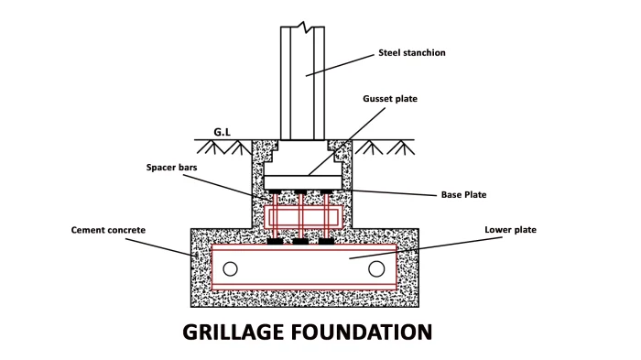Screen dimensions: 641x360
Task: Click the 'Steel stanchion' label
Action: (x=412, y=53)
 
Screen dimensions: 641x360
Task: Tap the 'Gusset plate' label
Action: (x=390, y=99)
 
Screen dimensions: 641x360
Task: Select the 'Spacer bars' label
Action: (x=172, y=168)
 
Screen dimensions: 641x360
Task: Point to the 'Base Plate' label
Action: (x=463, y=195)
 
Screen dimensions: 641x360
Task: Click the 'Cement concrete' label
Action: (x=108, y=230)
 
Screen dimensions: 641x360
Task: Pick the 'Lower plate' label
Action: (x=511, y=230)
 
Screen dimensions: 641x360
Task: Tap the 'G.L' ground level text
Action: (x=222, y=132)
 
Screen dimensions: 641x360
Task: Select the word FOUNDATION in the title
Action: (x=362, y=332)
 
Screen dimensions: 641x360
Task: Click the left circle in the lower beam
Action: (x=230, y=268)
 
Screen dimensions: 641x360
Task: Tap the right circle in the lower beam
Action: (x=376, y=268)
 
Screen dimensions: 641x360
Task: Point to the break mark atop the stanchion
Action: (x=302, y=27)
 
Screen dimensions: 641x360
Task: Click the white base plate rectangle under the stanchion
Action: (x=302, y=182)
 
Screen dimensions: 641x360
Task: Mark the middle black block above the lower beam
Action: (x=300, y=241)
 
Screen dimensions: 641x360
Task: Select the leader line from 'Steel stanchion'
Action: (x=340, y=65)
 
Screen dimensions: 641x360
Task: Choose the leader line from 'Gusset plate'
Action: (x=347, y=142)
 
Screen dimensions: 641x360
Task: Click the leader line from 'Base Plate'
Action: (x=389, y=192)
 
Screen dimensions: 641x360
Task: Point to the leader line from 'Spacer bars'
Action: (x=226, y=188)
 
